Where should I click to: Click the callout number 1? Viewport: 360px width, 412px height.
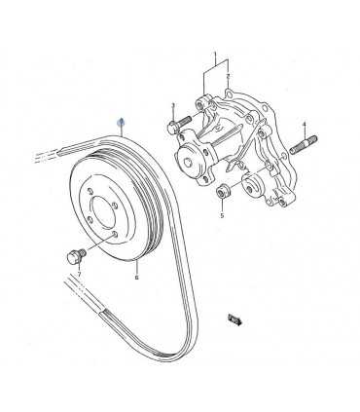point(215,56)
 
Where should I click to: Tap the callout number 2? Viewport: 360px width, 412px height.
point(227,76)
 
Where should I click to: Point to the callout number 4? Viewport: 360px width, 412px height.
point(304,124)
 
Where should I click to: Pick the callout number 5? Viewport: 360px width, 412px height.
point(221,216)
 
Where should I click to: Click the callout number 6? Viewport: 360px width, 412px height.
point(137,278)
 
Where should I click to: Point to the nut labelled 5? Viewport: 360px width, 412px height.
point(223,192)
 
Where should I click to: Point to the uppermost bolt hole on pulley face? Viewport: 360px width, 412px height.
point(99,182)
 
